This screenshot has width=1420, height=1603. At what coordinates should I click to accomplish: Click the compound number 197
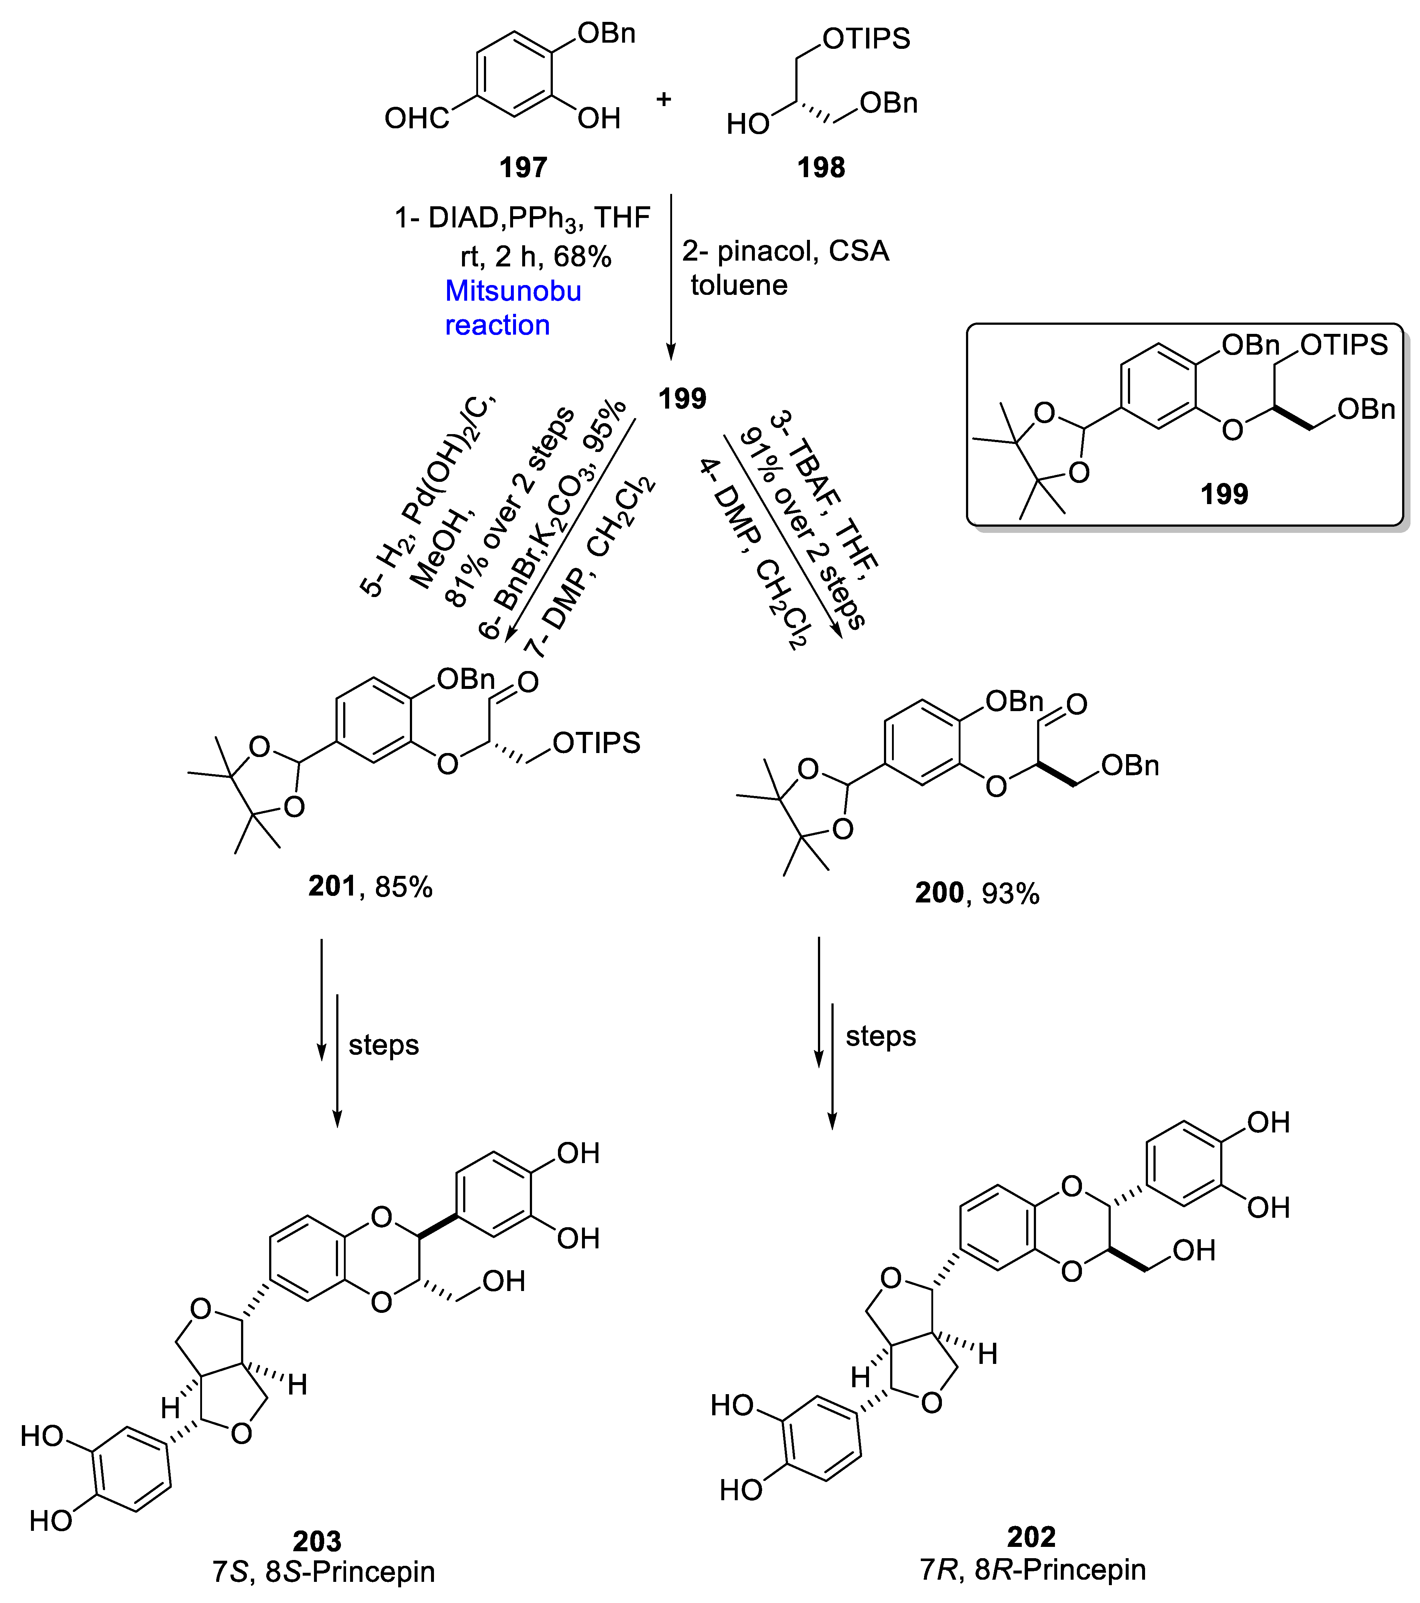pos(523,168)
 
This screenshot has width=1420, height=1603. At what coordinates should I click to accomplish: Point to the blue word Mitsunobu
pos(513,291)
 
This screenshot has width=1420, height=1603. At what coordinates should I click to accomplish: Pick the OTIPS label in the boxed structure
pos(1344,345)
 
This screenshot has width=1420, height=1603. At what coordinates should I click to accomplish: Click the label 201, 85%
pos(370,886)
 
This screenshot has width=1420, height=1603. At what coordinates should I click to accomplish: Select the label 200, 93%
pos(977,893)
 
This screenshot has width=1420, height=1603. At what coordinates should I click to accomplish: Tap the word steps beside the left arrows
pos(384,1045)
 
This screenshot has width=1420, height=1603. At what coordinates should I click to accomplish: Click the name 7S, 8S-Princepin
pos(323,1572)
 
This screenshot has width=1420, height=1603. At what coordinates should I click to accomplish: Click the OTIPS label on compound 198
pos(866,38)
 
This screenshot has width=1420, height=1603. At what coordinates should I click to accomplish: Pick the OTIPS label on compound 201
pos(596,743)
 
